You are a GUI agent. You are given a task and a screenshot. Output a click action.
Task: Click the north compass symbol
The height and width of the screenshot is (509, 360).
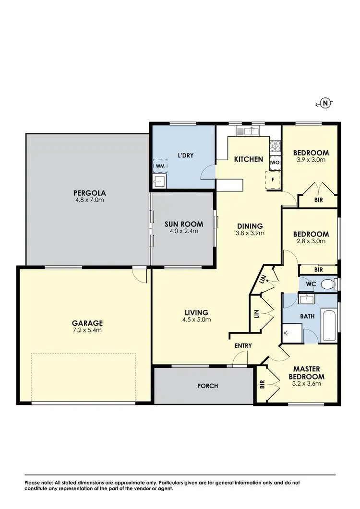pyautogui.click(x=325, y=103)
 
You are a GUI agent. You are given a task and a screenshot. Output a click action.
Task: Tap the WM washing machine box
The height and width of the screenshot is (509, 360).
pyautogui.click(x=159, y=166)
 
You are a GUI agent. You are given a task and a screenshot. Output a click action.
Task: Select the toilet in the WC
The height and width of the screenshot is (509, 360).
pyautogui.click(x=328, y=284)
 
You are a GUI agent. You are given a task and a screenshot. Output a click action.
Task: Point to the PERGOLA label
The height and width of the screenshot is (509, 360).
pyautogui.click(x=87, y=193)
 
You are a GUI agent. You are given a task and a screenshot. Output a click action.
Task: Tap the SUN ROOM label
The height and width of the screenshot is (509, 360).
pyautogui.click(x=184, y=224)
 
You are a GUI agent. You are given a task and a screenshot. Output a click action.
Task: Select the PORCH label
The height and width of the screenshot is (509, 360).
pyautogui.click(x=208, y=386)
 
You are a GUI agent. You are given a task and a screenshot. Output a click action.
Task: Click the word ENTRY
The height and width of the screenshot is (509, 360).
pyautogui.click(x=243, y=345)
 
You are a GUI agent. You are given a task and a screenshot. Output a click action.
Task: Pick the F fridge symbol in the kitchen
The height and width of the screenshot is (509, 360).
pyautogui.click(x=273, y=180)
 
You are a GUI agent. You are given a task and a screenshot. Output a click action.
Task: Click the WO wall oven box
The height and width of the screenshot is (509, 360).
pyautogui.click(x=275, y=162)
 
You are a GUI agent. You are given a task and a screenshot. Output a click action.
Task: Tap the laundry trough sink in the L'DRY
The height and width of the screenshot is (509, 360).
pyautogui.click(x=159, y=181)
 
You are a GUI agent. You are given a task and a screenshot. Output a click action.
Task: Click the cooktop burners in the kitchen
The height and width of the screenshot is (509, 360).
pyautogui.click(x=275, y=145)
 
